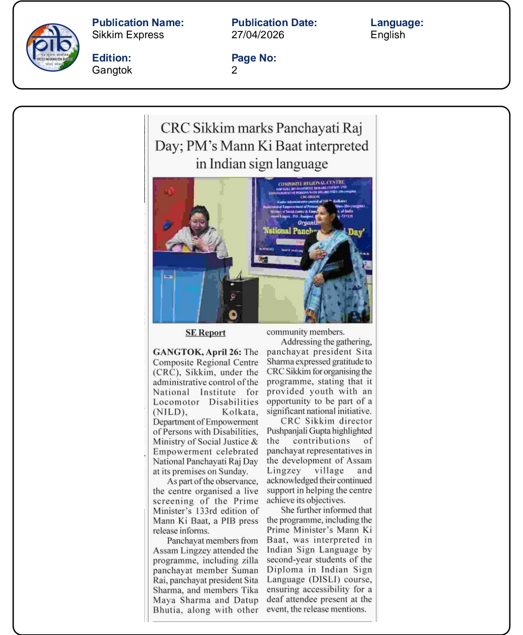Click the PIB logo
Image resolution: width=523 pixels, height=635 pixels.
coord(53,47)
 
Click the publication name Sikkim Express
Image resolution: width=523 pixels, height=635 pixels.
coord(128,35)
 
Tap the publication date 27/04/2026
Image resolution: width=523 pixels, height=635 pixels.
coord(258,35)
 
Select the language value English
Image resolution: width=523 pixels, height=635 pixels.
coord(387,35)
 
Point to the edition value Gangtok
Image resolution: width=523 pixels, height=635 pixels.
coord(112,70)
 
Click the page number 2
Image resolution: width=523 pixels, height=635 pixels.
coord(234,70)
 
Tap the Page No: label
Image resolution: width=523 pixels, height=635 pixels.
coord(254,58)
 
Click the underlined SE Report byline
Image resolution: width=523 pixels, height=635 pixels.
coord(205,333)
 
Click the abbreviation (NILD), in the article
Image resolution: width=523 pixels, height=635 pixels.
coord(170,412)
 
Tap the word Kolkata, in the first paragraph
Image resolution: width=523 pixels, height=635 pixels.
coord(240,412)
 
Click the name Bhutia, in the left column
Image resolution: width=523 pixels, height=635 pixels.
coord(168,610)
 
